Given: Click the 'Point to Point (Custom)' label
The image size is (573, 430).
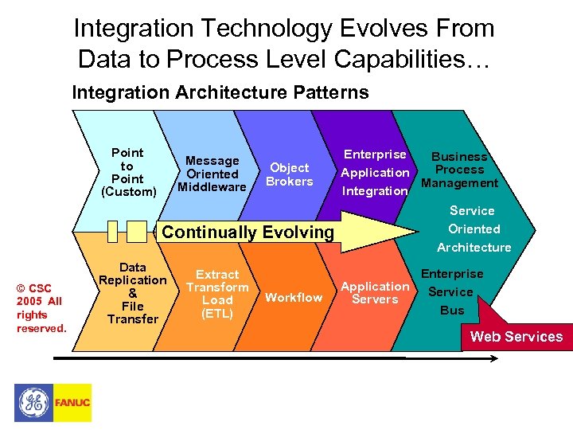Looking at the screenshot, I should tap(128, 172).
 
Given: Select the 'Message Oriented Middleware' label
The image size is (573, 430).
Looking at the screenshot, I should tap(212, 174).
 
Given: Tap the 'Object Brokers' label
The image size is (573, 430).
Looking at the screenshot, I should tap(289, 174).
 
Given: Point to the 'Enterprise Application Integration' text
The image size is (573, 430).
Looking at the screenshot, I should tap(375, 173).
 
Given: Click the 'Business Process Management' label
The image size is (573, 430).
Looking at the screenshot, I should tap(459, 170).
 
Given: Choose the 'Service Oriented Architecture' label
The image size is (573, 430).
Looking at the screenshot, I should tap(474, 229).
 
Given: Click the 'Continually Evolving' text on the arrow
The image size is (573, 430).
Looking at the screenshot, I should tap(248, 233).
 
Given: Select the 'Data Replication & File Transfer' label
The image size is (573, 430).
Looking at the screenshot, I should tap(132, 293).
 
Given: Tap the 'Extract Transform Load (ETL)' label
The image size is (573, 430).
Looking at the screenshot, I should tap(217, 294).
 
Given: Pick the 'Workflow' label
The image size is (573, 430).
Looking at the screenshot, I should tap(294, 298).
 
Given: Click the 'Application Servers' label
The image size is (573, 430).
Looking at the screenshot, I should tap(375, 293).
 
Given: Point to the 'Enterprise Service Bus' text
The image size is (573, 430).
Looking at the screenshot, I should tap(452, 292).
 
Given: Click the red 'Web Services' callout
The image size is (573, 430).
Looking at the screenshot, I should tap(516, 336).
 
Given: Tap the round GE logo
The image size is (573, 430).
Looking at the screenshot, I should tap(33, 403).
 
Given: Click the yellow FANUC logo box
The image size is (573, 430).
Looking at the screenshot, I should tap(72, 403).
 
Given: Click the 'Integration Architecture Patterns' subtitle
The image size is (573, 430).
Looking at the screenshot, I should tap(220, 92).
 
